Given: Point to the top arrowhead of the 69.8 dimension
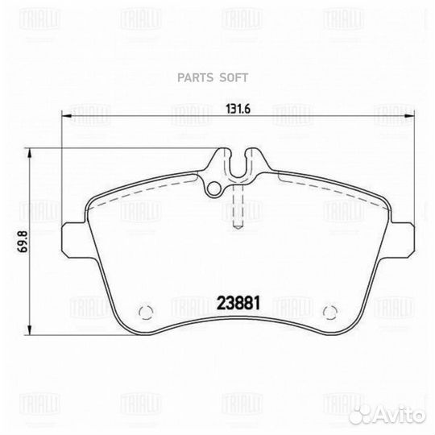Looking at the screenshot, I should (31, 153).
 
